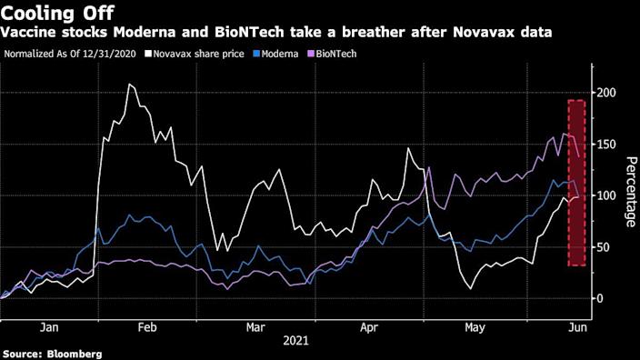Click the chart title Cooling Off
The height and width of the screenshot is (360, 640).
[57, 13]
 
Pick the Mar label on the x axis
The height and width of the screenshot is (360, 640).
[255, 325]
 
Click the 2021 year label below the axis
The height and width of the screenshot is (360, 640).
[295, 341]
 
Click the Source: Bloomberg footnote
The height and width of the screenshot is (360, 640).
[51, 353]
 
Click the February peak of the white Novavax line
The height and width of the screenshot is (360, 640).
[130, 85]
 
